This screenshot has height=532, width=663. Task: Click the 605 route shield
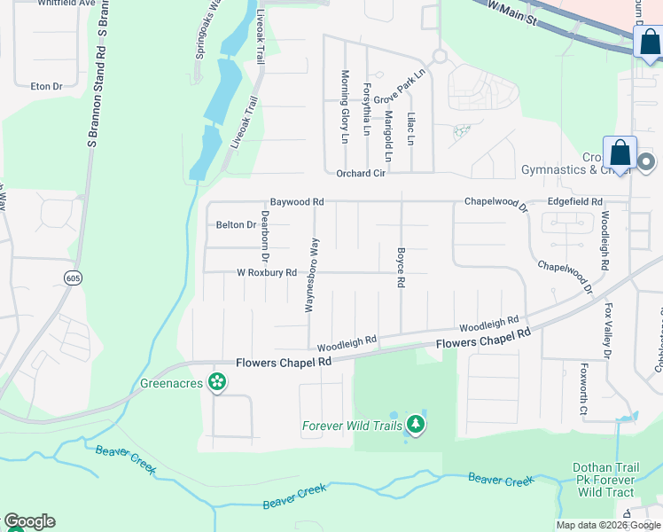pos(71,278)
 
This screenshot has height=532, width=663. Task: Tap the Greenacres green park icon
pos(216,383)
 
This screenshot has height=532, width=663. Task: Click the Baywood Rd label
pos(297,202)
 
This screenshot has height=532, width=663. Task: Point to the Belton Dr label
pos(236,225)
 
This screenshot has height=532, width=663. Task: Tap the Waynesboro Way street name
pos(311,275)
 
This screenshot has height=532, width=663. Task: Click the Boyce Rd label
pos(401,267)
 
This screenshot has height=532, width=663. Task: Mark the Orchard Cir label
pos(361,174)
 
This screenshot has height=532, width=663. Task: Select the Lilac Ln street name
pos(410,128)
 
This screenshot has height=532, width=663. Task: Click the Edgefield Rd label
pos(574,202)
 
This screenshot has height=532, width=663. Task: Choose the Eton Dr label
pos(46,86)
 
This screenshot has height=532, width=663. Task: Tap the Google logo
pos(29,521)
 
